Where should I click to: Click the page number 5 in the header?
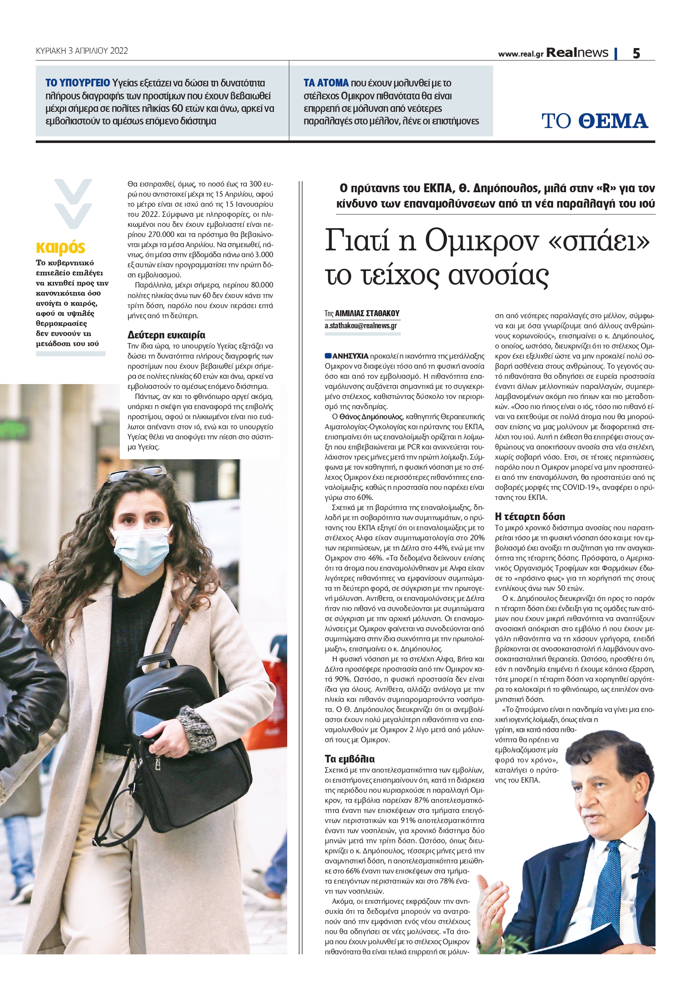point(636,53)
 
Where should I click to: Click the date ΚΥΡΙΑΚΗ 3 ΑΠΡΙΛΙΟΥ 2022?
point(82,51)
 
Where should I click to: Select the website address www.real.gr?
point(520,54)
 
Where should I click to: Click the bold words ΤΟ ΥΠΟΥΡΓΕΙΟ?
point(78,83)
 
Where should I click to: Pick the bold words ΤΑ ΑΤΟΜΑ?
point(326,83)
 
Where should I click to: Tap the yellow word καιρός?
point(61,247)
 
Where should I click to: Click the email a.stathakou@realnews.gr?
point(361,326)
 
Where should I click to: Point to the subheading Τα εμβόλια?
point(349,758)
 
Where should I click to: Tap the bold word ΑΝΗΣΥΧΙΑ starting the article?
point(350,356)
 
